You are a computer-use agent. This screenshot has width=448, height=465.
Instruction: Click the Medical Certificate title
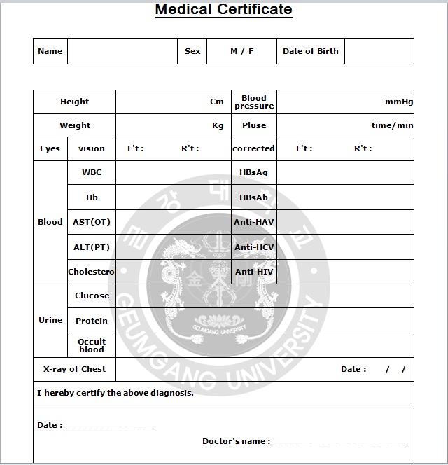[223, 10]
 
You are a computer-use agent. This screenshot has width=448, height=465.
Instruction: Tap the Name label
[50, 51]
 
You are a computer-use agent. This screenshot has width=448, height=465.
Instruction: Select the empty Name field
[122, 51]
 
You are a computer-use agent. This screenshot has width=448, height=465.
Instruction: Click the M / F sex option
[241, 51]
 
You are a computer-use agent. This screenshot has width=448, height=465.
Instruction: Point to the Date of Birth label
[310, 51]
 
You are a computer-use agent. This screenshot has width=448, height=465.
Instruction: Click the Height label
[74, 102]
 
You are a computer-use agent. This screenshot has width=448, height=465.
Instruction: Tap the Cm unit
[217, 102]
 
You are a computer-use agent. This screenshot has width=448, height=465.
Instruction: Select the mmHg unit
[399, 102]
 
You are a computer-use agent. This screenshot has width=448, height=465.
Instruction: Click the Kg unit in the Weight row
[218, 125]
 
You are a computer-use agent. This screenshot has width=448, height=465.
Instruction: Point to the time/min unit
[392, 125]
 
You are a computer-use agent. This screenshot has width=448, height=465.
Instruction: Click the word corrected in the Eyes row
[253, 148]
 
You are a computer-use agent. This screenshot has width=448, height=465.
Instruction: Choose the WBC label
[92, 172]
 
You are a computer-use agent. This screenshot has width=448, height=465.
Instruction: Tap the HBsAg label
[253, 172]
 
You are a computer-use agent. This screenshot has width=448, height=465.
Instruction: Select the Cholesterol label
[92, 272]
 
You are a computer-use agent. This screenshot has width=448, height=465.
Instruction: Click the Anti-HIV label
[254, 272]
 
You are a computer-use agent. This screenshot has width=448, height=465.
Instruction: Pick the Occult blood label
[92, 345]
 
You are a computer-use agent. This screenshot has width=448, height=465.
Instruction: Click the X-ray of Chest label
[74, 369]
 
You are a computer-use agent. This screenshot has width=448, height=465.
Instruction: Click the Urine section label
[50, 320]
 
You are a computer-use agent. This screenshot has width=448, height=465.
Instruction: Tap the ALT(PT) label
[92, 247]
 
